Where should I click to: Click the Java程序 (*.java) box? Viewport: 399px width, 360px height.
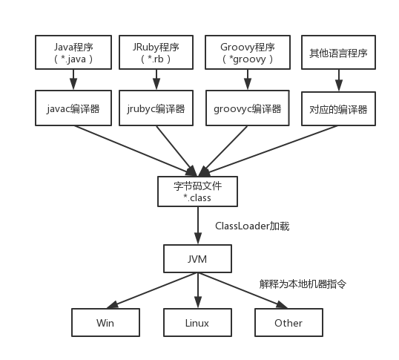(72, 53)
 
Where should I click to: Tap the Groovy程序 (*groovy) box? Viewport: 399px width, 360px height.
(246, 53)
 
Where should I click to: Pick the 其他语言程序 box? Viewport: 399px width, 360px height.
(337, 53)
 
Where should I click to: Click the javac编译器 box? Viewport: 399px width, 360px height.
(72, 108)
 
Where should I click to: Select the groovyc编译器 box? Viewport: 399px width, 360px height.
(246, 108)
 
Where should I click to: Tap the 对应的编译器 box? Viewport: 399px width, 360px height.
(337, 109)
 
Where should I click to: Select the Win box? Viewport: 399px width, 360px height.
(105, 323)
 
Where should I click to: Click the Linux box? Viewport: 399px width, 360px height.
(197, 323)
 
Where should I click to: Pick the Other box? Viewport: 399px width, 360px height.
(288, 323)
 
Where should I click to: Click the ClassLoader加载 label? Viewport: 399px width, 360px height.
(252, 226)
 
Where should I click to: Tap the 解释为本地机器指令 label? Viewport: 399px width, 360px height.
(303, 284)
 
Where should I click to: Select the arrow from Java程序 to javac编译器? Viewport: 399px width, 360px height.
(72, 80)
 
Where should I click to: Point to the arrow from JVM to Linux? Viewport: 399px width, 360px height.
(197, 291)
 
